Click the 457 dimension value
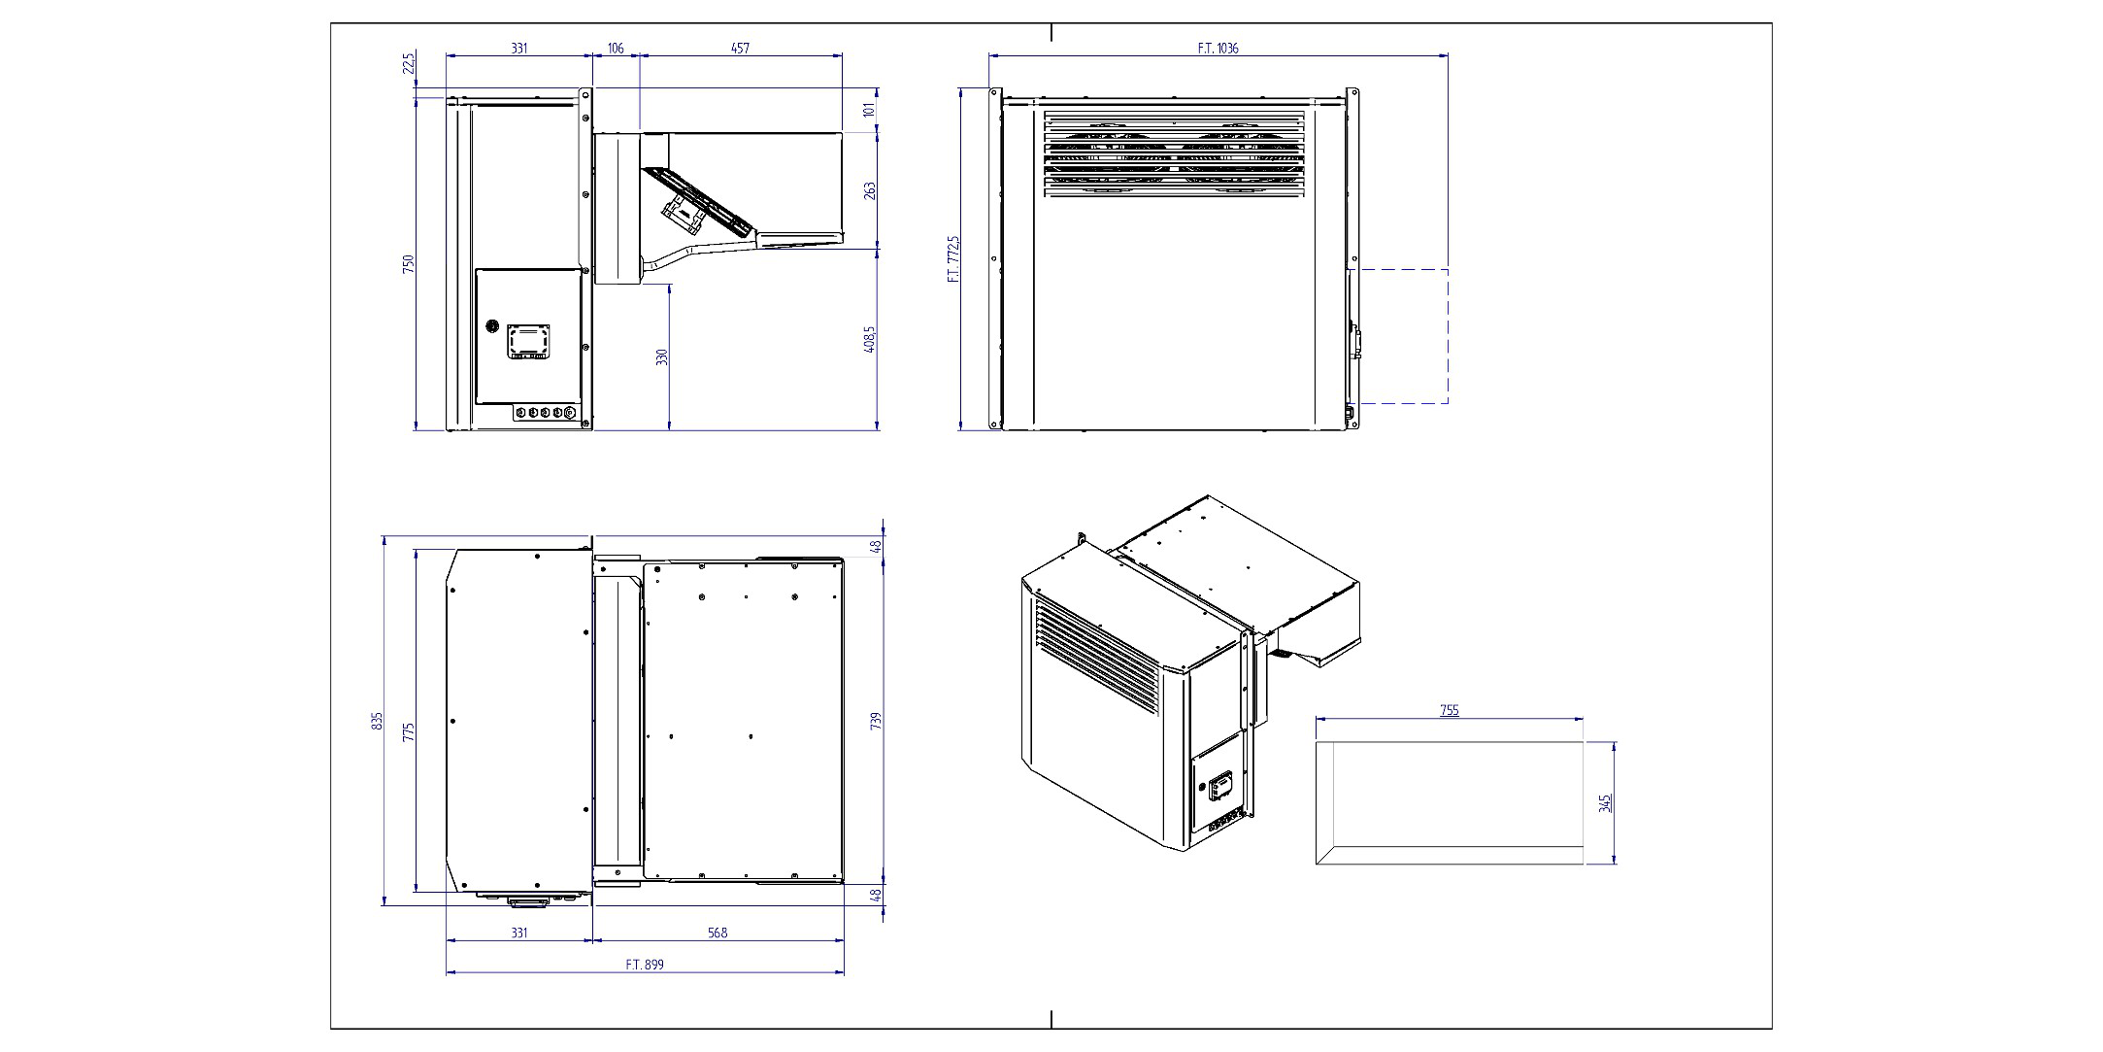740,48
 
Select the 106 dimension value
616,48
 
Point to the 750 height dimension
409,263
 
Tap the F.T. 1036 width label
1218,48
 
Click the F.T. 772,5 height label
953,258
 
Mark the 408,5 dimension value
870,339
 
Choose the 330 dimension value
662,356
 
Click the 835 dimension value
377,721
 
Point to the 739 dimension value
876,721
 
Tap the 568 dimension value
717,933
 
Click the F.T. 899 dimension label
645,965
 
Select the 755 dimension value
1449,710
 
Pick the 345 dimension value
1605,803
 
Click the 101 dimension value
870,110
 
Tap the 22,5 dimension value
409,63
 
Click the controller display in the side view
529,341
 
